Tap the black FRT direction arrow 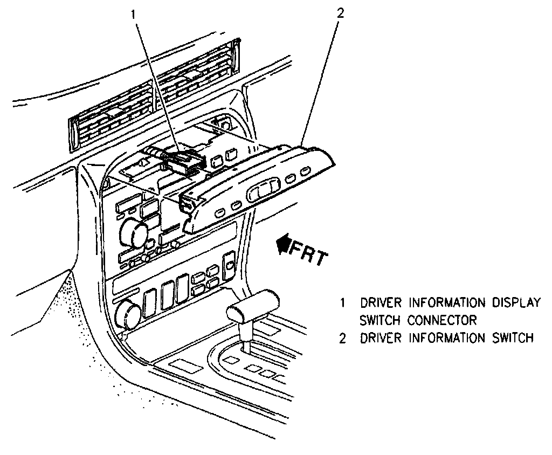(282, 246)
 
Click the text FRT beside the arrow (309, 254)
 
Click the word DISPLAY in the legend (516, 302)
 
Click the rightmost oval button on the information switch (305, 172)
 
